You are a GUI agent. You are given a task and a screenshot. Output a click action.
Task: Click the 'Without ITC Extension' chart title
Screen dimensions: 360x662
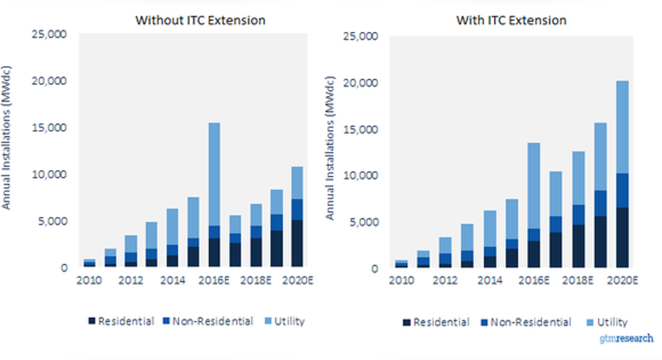click(200, 20)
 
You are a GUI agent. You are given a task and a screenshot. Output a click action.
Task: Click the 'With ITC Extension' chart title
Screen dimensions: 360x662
click(511, 20)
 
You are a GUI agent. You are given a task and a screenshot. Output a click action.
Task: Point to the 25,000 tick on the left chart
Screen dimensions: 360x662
click(50, 34)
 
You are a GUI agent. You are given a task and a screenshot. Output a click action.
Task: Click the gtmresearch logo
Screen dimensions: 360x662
click(625, 339)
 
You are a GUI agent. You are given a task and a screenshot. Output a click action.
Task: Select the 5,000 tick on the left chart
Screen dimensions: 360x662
click(54, 221)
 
